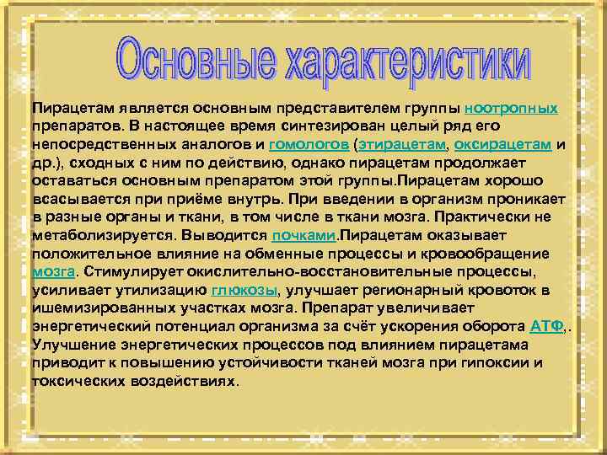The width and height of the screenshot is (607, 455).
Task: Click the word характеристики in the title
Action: click(395, 61)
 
